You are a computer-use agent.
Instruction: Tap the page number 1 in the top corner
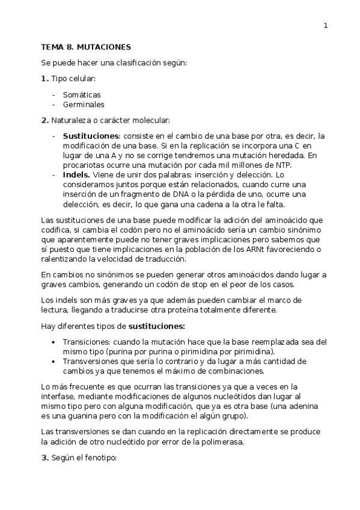click(325, 25)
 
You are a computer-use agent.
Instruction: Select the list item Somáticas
click(82, 94)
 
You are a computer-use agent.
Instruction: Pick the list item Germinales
click(84, 104)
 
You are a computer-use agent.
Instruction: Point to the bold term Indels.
click(77, 175)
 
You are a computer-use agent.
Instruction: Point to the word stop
click(234, 284)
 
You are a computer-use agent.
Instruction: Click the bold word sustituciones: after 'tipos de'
click(156, 326)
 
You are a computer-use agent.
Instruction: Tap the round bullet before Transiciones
click(55, 342)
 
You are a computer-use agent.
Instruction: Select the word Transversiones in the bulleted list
click(91, 361)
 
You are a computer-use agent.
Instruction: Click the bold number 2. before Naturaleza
click(44, 120)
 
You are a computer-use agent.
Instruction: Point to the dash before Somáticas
click(55, 94)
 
